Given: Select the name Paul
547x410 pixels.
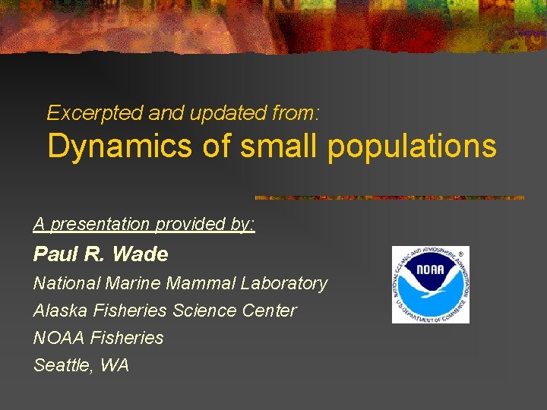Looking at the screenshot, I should coord(55,254).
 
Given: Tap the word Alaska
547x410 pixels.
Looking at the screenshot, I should coord(58,311).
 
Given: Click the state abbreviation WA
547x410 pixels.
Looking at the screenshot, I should coord(114,365).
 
